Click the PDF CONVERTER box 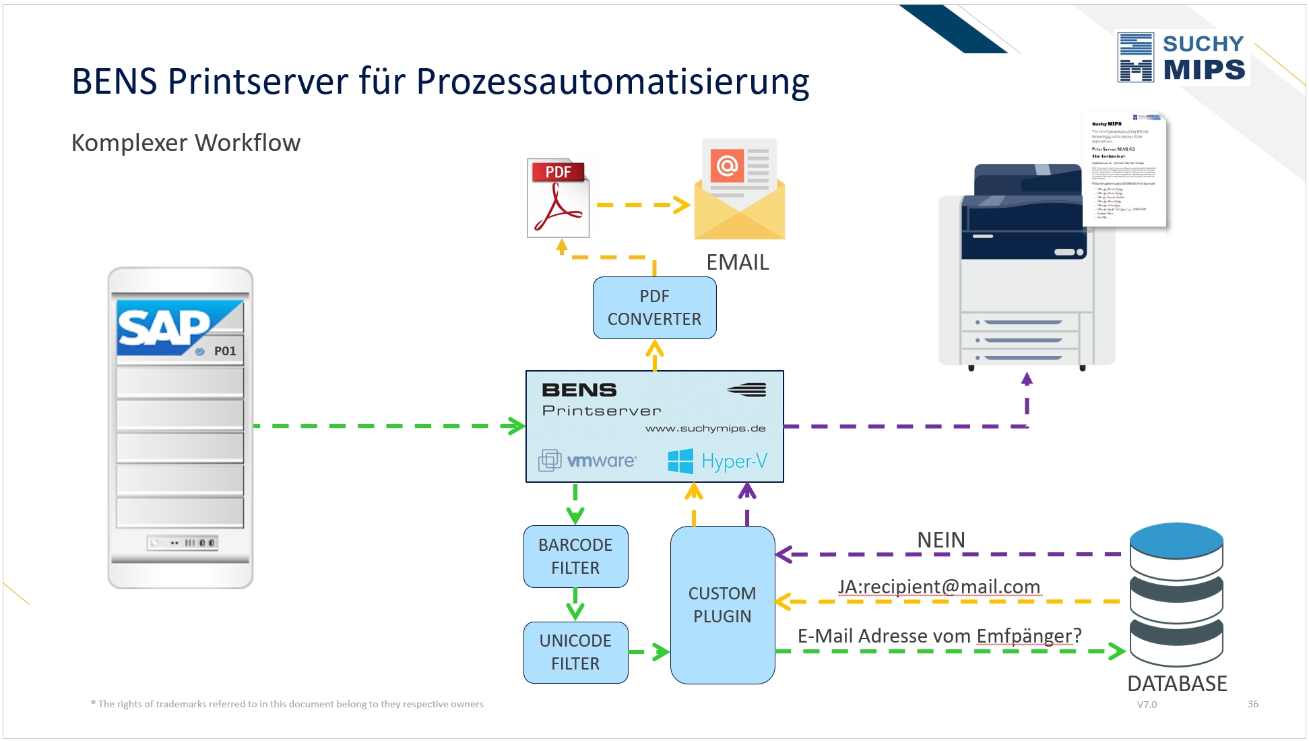654,307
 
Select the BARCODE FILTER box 575,556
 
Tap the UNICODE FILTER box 575,652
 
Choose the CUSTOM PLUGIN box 722,605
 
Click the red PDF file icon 558,198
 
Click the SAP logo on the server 165,327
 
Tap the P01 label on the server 225,351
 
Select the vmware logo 588,461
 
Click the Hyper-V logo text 734,461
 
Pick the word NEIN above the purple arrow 940,540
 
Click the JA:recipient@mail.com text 939,587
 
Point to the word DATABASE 1177,684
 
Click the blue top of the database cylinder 1176,540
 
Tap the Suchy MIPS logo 1182,57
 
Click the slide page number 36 1252,704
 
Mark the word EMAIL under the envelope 737,262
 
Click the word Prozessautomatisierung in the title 612,82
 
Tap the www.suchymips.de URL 705,428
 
